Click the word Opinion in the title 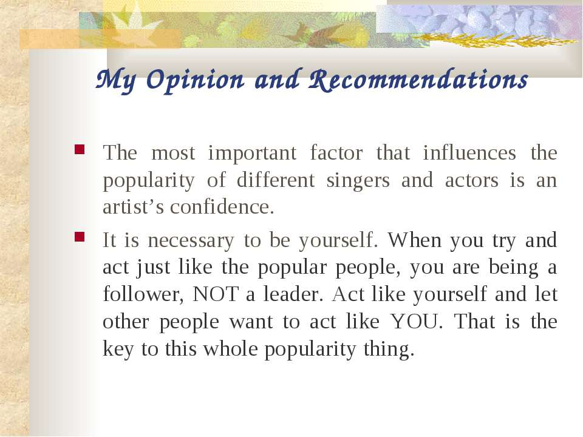coord(196,80)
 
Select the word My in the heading coord(116,81)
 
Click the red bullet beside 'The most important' coord(80,149)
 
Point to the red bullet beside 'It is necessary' coord(80,237)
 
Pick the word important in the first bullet coord(252,153)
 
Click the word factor coord(336,153)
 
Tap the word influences coord(469,153)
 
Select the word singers coord(358,181)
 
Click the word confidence coord(222,207)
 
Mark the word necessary coord(191,241)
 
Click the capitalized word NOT coord(216,294)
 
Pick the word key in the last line coord(118,350)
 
